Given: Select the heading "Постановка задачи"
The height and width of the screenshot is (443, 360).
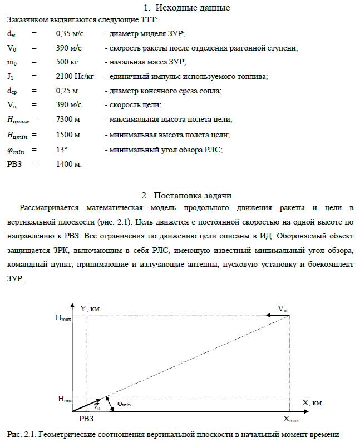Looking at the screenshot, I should [x=192, y=195].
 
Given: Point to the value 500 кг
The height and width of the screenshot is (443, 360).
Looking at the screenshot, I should [x=68, y=63].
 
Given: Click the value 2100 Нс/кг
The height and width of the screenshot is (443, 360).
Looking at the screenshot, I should [x=75, y=77].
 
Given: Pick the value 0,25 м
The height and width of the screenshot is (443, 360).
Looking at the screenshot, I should [x=67, y=91].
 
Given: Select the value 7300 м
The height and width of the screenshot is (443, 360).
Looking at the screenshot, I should [x=68, y=120].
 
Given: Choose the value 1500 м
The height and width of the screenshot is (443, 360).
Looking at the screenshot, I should [x=68, y=135].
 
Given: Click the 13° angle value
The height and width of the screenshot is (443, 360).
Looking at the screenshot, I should [x=62, y=149].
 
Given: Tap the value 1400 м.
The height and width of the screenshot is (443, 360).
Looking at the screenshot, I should [x=69, y=164].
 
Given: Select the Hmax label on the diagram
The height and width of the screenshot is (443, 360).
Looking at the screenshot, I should [x=63, y=318].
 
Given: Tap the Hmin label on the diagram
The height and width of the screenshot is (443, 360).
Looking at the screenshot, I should [x=65, y=399].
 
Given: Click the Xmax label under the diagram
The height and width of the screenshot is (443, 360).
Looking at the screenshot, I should [x=290, y=419].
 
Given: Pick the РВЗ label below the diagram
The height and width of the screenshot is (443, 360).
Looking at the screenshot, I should [x=87, y=419].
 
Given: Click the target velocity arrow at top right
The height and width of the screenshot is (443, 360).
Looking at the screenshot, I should [x=277, y=315].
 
